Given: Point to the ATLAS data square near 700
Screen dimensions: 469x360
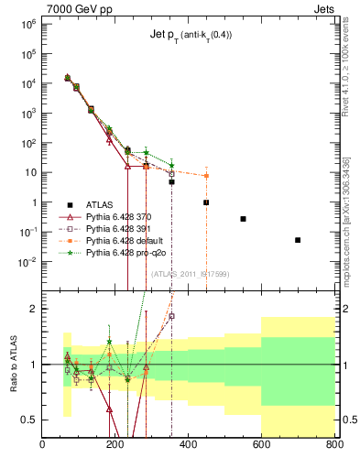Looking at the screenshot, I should tap(298, 240).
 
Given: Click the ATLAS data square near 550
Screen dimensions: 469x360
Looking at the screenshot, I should tap(243, 219).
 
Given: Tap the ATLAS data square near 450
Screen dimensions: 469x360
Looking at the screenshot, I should tap(206, 202).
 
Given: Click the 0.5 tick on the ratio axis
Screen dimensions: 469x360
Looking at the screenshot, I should tap(32, 420).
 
